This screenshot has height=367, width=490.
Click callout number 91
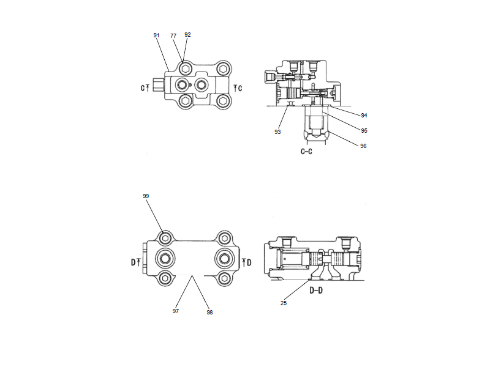(156, 35)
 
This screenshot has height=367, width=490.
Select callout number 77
(173, 37)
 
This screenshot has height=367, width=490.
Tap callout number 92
(187, 35)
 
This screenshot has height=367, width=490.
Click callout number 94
(364, 114)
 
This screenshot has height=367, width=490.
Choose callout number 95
(364, 130)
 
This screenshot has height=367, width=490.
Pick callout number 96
(364, 146)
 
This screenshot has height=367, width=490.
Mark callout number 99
(146, 196)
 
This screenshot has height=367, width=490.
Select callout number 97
(176, 311)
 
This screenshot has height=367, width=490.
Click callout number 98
(210, 313)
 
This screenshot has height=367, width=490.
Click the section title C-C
(307, 151)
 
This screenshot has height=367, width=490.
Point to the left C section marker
(144, 88)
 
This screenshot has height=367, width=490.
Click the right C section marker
(238, 88)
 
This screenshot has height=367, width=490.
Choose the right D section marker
(247, 262)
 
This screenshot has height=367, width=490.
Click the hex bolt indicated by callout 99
(164, 237)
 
